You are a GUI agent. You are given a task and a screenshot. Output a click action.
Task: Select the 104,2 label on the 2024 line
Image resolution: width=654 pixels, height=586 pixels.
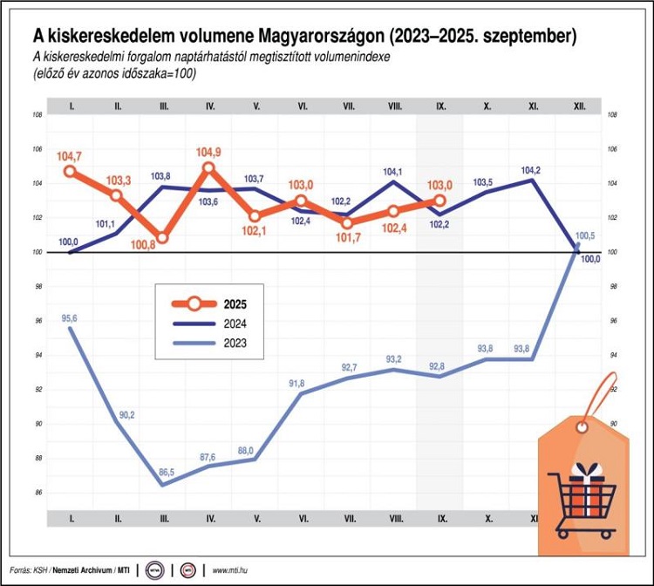531,170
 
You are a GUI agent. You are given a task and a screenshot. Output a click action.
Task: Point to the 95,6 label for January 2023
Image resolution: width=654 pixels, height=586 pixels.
69,318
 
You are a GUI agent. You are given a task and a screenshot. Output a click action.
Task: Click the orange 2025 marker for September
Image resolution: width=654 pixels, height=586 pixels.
440,201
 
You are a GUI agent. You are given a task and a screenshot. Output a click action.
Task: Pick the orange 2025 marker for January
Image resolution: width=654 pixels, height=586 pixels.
70,171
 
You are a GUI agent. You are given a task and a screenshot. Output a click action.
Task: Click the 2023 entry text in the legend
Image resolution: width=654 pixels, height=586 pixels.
235,343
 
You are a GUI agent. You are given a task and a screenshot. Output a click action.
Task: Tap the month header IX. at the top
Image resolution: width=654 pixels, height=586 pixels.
440,106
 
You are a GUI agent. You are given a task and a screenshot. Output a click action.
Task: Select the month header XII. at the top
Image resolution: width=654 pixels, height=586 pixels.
579,106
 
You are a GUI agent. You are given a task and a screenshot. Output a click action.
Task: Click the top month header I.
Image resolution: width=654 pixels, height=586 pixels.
70,106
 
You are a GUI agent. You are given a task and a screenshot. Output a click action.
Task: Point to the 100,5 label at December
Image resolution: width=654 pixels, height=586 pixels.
586,236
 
